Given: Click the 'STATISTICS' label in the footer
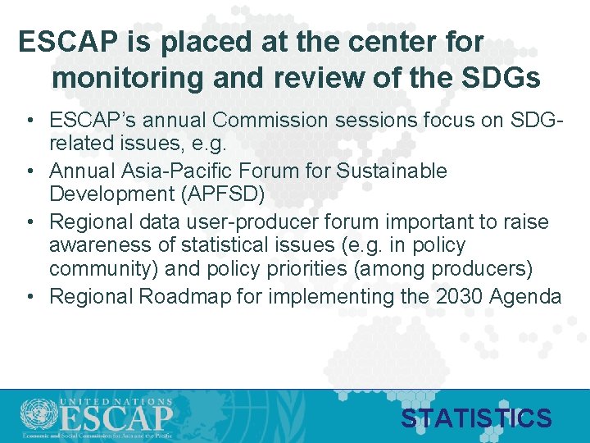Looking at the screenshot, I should coord(476,418).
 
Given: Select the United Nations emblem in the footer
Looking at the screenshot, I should coord(35,415).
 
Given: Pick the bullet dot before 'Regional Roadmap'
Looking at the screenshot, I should coord(29,297).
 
